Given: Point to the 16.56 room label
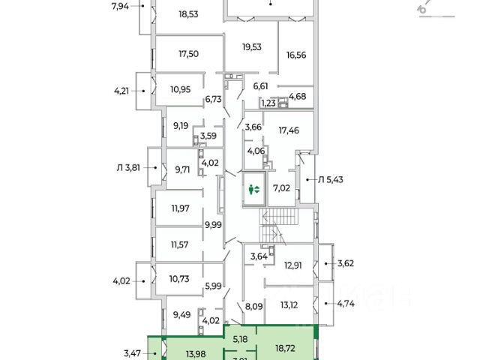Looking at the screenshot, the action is (298, 54).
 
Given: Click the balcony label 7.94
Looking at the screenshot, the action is (120, 7).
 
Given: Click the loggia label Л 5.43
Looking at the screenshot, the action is (331, 179).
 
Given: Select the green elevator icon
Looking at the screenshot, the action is (255, 190).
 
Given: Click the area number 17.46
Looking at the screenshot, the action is (287, 130).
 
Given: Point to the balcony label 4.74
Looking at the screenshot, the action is (346, 304).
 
